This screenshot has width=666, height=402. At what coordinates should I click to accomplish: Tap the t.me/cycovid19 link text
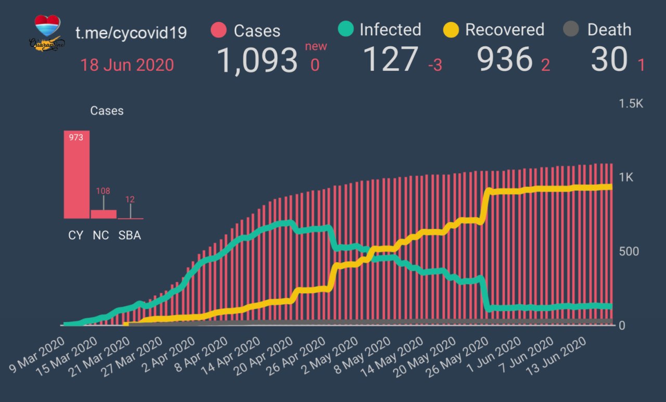click(x=131, y=33)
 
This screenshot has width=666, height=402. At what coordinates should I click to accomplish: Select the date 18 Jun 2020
click(x=127, y=65)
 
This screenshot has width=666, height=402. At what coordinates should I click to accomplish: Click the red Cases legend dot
click(x=219, y=30)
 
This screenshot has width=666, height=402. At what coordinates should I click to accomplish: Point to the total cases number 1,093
click(x=257, y=60)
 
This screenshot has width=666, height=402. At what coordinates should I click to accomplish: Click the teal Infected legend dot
click(x=345, y=29)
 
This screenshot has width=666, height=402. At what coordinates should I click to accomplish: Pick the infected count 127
click(x=390, y=59)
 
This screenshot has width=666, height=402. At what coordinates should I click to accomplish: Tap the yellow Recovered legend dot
click(x=451, y=30)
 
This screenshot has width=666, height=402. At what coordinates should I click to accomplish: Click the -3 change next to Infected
click(x=435, y=66)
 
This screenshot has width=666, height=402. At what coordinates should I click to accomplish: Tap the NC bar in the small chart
click(x=103, y=214)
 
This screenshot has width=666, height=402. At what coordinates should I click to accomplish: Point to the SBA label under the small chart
click(x=129, y=235)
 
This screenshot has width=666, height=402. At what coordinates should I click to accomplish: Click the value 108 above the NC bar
click(x=103, y=191)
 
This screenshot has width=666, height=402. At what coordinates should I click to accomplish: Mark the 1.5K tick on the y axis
click(x=631, y=103)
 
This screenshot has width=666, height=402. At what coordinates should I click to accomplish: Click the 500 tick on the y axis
click(x=629, y=251)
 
